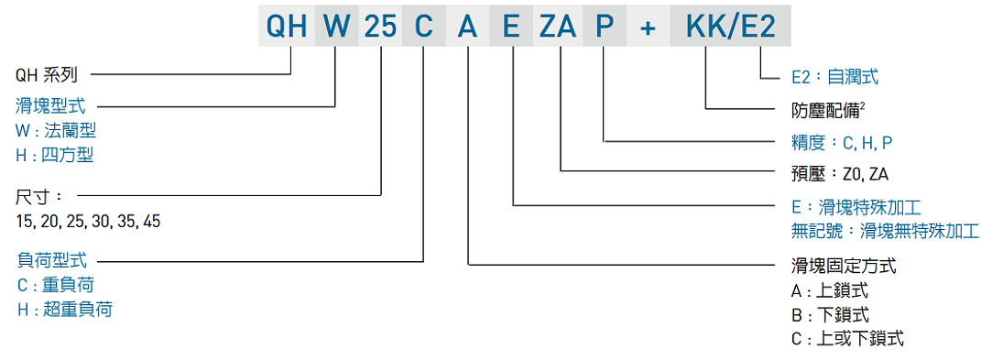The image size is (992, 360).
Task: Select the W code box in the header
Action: click(336, 26)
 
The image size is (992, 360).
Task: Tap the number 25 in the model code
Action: click(380, 26)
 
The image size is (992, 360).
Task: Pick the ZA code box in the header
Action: click(558, 26)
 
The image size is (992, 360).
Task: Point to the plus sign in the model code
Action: click(649, 27)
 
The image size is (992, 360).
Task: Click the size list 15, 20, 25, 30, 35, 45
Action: click(88, 221)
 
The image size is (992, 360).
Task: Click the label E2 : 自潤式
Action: click(834, 78)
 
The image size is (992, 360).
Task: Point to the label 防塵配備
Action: click(827, 111)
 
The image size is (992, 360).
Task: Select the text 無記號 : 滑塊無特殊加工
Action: click(884, 231)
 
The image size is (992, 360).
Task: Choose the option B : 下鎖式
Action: click(829, 315)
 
